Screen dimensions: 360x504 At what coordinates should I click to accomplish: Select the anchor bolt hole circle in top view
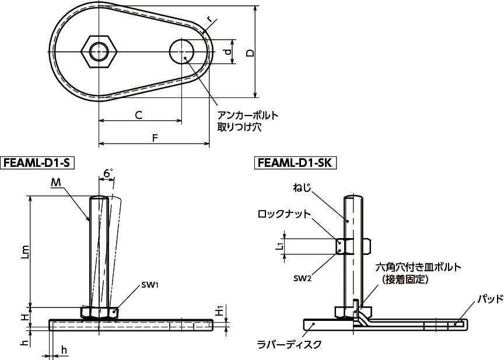[x=183, y=51]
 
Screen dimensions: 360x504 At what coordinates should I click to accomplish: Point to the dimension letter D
[x=250, y=53]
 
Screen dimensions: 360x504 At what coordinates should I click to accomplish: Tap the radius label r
[x=209, y=19]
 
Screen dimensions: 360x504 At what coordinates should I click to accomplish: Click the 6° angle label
[x=108, y=173]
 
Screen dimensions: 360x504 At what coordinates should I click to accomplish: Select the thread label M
[x=55, y=183]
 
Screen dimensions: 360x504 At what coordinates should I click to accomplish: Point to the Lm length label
[x=23, y=251]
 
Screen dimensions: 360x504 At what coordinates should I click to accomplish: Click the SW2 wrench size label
[x=302, y=278]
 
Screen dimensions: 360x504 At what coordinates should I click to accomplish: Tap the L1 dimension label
[x=279, y=246]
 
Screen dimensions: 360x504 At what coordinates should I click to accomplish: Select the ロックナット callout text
[x=284, y=214]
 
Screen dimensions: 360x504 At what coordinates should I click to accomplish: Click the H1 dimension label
[x=218, y=311]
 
